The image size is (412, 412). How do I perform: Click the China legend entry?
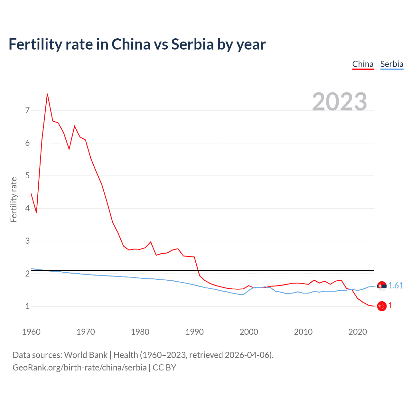(363, 64)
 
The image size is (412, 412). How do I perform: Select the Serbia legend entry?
(392, 64)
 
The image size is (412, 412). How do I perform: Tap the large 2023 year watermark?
(340, 102)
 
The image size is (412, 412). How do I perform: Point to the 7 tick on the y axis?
(27, 110)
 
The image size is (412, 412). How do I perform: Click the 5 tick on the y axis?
(27, 176)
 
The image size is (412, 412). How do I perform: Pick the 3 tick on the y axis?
(27, 241)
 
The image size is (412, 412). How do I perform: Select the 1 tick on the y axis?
(27, 306)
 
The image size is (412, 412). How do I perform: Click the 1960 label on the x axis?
(31, 332)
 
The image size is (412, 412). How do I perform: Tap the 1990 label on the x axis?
(194, 332)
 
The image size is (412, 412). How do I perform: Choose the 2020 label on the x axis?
(358, 332)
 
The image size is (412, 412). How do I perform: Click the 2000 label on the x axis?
(249, 332)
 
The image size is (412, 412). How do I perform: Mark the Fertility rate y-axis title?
(14, 200)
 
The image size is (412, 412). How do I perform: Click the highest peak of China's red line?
(47, 94)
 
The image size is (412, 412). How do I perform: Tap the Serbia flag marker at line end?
(382, 286)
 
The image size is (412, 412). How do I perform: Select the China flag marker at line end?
(382, 306)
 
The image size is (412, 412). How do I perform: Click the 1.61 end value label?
(396, 286)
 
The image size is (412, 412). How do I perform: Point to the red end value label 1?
(390, 306)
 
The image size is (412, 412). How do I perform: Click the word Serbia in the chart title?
(192, 44)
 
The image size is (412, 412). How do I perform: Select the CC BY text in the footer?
(164, 368)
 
